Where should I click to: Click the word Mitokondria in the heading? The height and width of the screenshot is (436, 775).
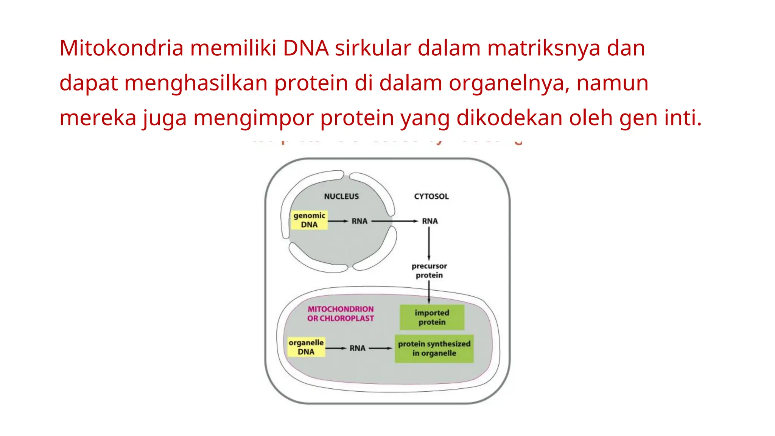click(x=121, y=48)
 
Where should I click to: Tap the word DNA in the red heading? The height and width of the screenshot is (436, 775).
click(x=306, y=48)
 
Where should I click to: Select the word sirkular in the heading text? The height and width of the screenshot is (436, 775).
click(x=373, y=48)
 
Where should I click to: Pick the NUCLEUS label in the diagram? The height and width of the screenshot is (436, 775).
click(x=341, y=196)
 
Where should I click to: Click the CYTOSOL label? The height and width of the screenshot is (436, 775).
click(x=431, y=196)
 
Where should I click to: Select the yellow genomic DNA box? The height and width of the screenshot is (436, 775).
click(x=309, y=220)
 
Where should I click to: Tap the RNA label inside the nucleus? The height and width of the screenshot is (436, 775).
click(x=359, y=221)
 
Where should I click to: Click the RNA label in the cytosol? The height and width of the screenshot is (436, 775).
click(x=430, y=221)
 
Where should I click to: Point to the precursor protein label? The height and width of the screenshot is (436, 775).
click(x=429, y=271)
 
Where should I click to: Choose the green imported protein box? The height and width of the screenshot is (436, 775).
click(x=432, y=318)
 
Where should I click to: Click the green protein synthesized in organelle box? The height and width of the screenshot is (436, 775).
click(x=434, y=349)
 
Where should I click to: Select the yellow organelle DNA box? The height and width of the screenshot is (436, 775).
click(x=306, y=347)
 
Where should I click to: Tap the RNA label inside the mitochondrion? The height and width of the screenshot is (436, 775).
click(x=357, y=348)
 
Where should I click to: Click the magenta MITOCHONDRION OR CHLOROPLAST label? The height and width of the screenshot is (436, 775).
click(x=340, y=314)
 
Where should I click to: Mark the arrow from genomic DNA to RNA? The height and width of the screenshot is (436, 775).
click(x=338, y=221)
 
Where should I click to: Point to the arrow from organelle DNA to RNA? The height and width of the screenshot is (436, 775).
click(x=336, y=348)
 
